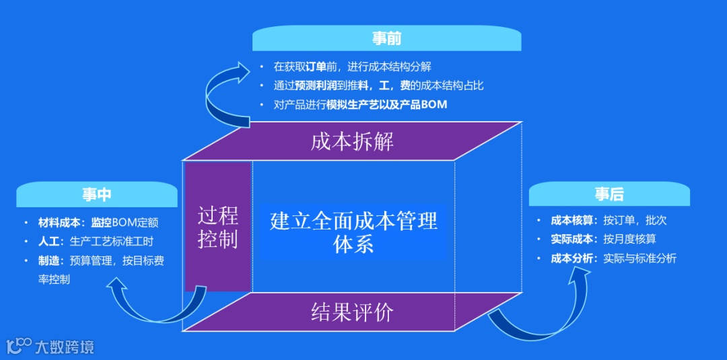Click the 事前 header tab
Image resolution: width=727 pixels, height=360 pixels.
(386, 38)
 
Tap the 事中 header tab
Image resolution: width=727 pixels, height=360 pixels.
(97, 194)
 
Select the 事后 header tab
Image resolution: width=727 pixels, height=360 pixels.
(609, 194)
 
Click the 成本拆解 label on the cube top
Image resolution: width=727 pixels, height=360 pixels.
(352, 142)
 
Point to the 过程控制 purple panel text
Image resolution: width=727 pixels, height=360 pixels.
(218, 227)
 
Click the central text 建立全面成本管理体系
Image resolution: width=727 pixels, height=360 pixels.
(353, 231)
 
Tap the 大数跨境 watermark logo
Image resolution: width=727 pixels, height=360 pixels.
(50, 347)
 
